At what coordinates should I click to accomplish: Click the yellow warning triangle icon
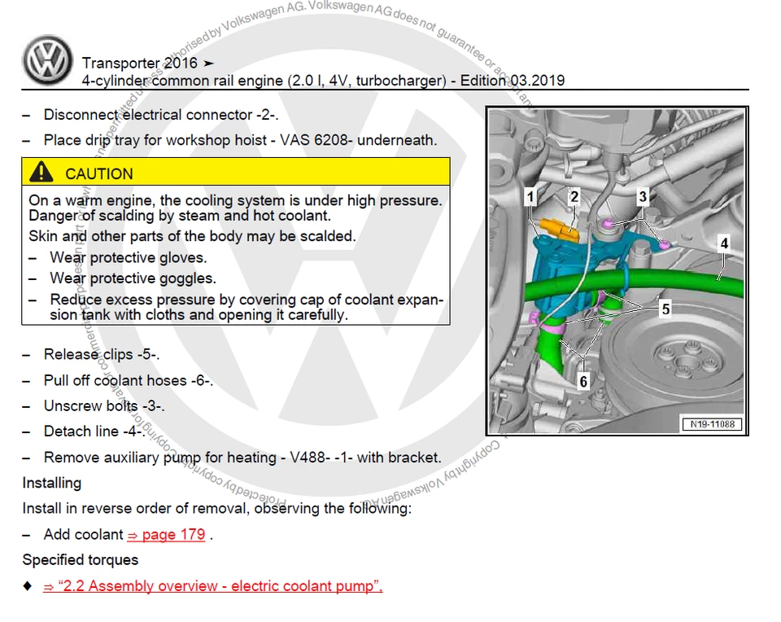click(x=41, y=173)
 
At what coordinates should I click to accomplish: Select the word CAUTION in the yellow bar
click(x=98, y=173)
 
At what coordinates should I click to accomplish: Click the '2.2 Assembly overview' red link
click(x=212, y=586)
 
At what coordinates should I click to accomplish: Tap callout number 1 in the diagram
click(x=530, y=196)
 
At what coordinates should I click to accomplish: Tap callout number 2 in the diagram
click(x=574, y=196)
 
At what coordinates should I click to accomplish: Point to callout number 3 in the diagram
click(x=643, y=196)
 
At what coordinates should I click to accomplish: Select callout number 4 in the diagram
click(x=723, y=243)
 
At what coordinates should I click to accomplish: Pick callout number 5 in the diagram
click(x=665, y=309)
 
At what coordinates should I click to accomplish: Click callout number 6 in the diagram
click(x=582, y=380)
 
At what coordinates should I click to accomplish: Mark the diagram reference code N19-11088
click(x=709, y=424)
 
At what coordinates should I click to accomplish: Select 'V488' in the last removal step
click(x=310, y=458)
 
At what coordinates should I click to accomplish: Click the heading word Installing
click(x=51, y=483)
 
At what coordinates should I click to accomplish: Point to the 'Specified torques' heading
click(x=80, y=560)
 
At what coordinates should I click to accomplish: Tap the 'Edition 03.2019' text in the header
click(x=513, y=81)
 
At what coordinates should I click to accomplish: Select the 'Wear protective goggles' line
click(x=133, y=278)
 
